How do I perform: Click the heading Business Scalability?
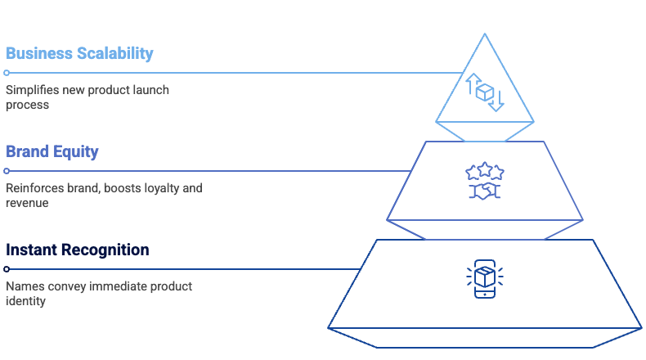[79, 54]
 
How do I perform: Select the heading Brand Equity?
[52, 151]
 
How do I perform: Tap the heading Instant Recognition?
[77, 250]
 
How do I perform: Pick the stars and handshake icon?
[484, 181]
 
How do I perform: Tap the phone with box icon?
[484, 279]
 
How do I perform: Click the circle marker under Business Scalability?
[7, 73]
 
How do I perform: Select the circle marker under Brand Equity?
[7, 171]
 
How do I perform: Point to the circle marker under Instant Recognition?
[7, 269]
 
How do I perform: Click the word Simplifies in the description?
[29, 90]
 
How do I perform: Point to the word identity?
[25, 301]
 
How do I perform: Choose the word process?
[27, 105]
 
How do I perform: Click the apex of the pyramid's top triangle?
[485, 34]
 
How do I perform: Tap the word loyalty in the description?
[164, 188]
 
